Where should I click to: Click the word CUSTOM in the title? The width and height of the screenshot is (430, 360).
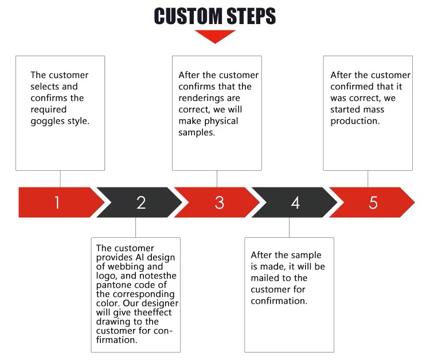pos(188,16)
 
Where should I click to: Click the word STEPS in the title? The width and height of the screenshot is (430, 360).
pos(252,16)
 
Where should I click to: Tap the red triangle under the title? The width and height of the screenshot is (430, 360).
pos(215,37)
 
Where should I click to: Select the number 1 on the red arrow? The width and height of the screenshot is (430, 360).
pos(57,202)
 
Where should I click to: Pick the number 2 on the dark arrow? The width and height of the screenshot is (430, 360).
pos(141,202)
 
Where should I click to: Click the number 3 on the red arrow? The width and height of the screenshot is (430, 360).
pos(220,202)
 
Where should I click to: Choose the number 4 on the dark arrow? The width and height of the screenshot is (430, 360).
pos(295,202)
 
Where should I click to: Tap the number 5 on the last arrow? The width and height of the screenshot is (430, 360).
pos(373,202)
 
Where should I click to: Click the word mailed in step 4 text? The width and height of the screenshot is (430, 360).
pos(265,278)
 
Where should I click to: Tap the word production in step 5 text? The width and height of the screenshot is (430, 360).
pos(355,121)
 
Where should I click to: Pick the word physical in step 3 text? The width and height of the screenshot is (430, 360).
pos(221,121)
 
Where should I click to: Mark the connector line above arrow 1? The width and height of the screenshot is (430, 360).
pos(60,179)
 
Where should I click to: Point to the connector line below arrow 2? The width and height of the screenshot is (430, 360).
pos(135,228)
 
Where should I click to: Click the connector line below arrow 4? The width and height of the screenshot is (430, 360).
pos(289,228)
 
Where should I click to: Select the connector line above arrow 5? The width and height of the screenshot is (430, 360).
pos(368,179)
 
